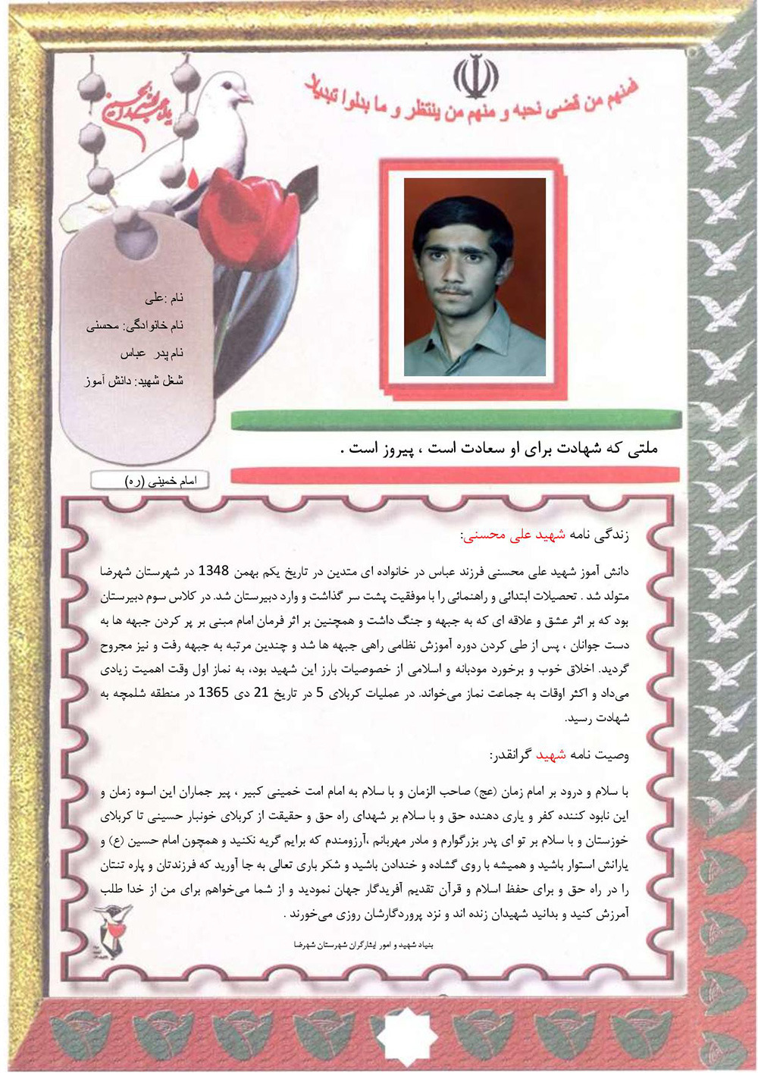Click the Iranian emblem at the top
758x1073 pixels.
[475, 77]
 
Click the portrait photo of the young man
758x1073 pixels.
[475, 277]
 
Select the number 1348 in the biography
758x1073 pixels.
[224, 571]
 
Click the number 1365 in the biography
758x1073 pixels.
[214, 692]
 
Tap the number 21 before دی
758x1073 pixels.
[260, 692]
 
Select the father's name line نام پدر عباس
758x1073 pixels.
[152, 353]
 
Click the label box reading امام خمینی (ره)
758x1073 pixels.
[149, 481]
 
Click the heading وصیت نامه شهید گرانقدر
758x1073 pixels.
[559, 755]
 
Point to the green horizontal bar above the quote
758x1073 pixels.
[455, 419]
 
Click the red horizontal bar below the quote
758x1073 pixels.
[455, 475]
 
